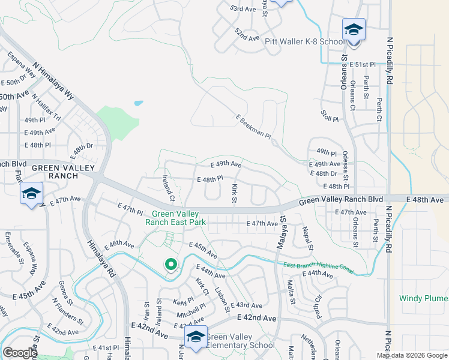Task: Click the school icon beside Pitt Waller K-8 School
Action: (x=354, y=29)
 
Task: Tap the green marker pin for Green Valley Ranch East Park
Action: (x=170, y=264)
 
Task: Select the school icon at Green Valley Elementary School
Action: (x=195, y=337)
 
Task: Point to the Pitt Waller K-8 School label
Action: (x=306, y=42)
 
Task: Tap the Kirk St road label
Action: (x=235, y=193)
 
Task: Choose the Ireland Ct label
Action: (x=168, y=188)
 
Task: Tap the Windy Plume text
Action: (x=424, y=298)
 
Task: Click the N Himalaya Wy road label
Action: (x=53, y=82)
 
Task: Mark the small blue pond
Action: (x=139, y=103)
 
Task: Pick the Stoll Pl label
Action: (x=330, y=115)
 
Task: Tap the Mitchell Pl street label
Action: (x=191, y=311)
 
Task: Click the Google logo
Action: (x=20, y=352)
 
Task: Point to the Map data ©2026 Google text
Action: (x=411, y=355)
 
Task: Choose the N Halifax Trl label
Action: (x=47, y=107)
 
